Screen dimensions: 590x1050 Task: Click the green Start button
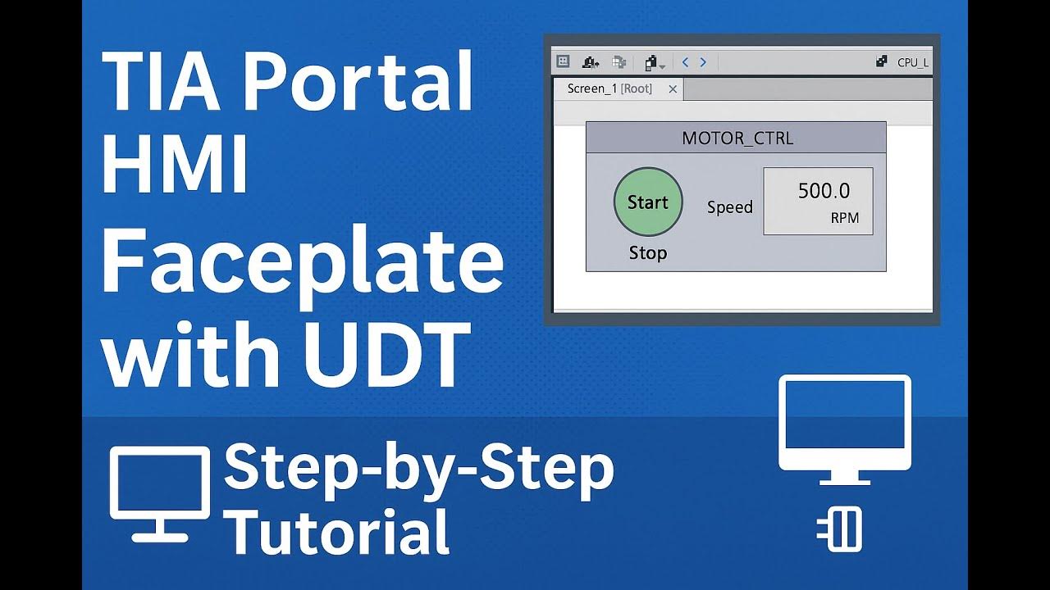tap(647, 202)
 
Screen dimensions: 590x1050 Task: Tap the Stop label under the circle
tap(647, 253)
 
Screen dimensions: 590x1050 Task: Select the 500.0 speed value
tap(824, 191)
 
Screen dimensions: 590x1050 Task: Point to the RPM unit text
tap(844, 219)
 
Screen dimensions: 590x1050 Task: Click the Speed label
tap(729, 207)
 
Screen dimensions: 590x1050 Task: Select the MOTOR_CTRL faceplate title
tap(737, 138)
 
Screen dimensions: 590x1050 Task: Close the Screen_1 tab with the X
tap(673, 89)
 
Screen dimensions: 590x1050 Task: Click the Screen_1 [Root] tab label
tap(609, 89)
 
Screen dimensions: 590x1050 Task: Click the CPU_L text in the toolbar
tap(912, 62)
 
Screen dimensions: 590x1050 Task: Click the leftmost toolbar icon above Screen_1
tap(563, 61)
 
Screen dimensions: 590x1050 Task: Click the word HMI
tap(175, 166)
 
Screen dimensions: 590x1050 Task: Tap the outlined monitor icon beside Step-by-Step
tap(159, 492)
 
